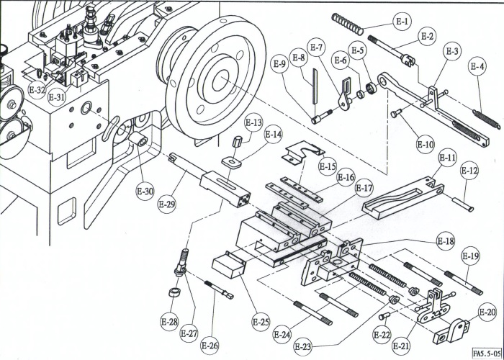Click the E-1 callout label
click(402, 22)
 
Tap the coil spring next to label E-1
click(349, 25)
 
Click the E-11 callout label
click(447, 158)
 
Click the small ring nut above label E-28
click(173, 294)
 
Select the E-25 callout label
click(261, 320)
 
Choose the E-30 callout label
click(145, 192)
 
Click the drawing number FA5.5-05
click(487, 354)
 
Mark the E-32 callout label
click(37, 91)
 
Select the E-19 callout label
click(470, 256)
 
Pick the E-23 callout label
click(304, 347)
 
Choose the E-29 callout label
click(166, 204)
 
